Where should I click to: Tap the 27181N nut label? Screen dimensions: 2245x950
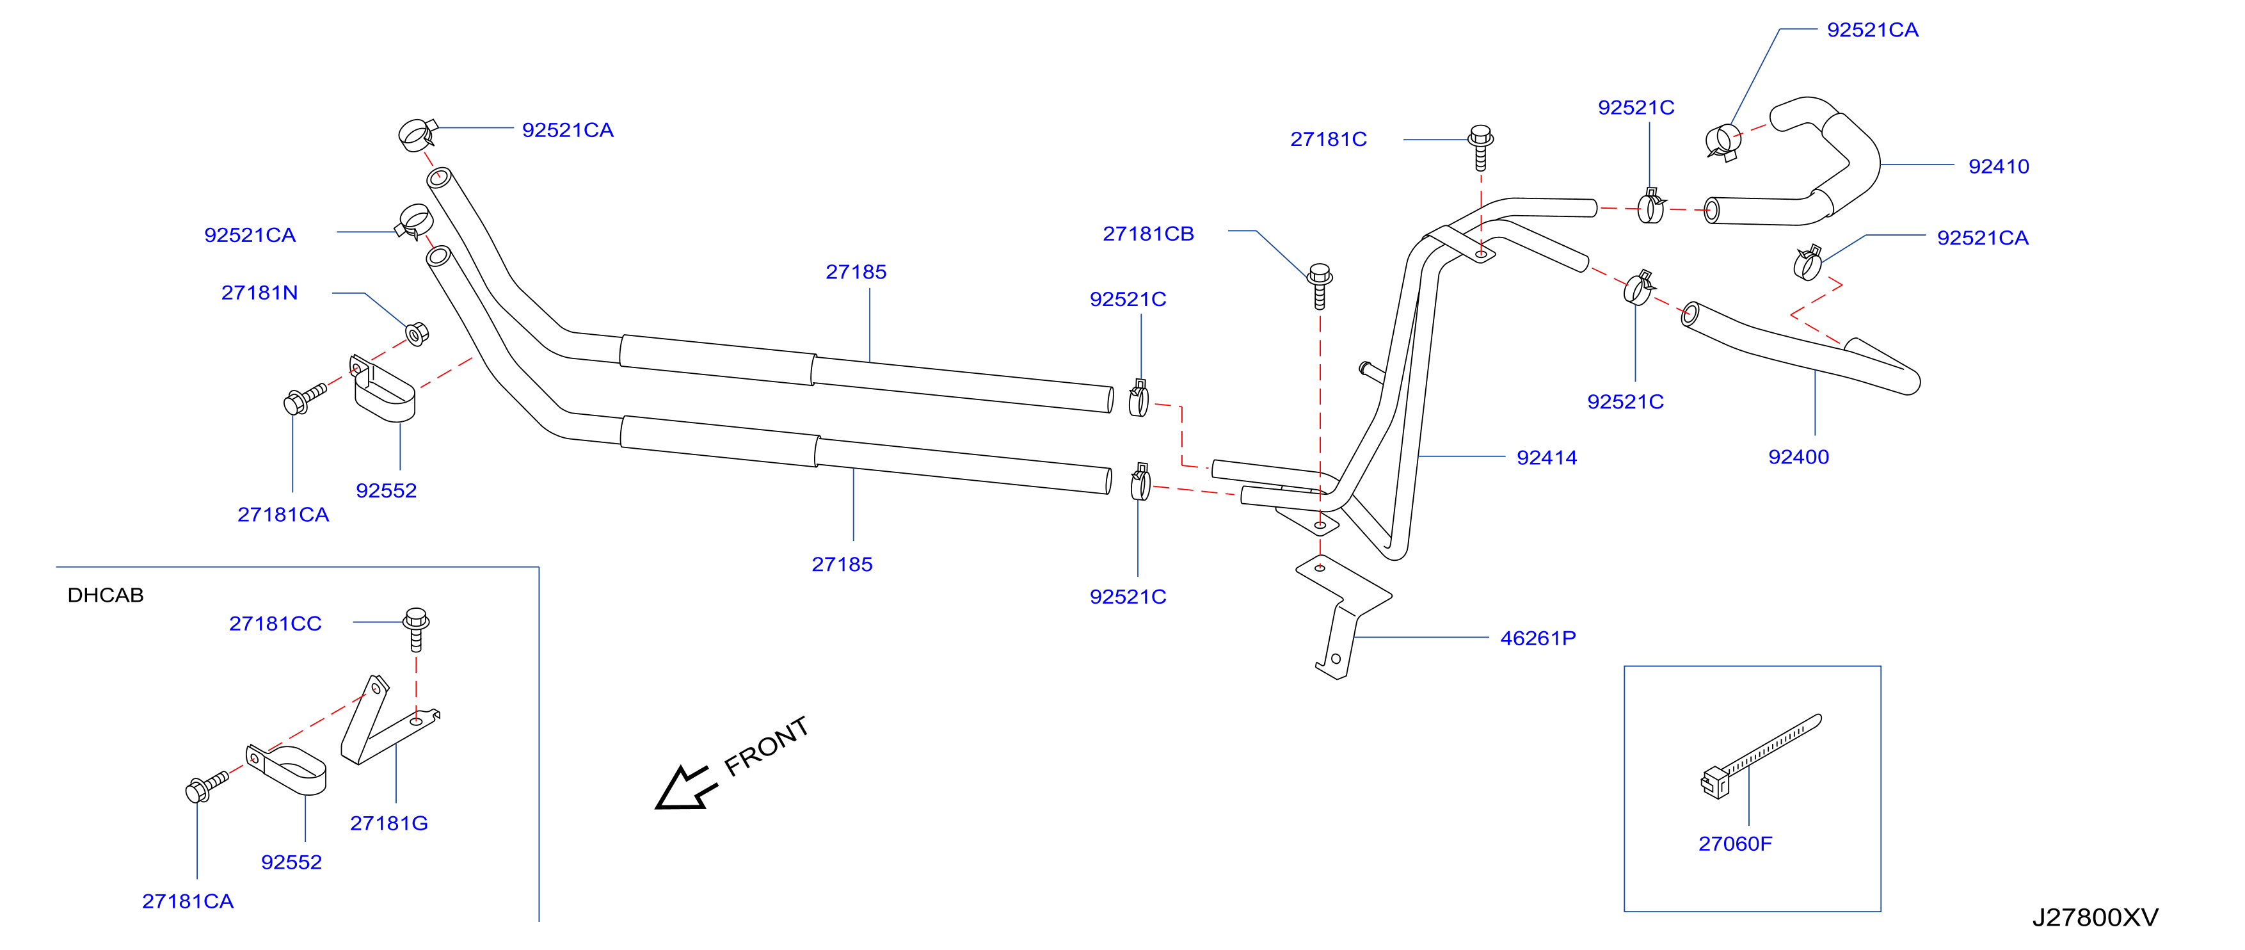260,293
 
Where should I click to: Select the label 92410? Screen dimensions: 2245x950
1999,166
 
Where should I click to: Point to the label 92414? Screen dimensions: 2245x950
1546,458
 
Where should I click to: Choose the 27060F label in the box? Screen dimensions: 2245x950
1734,844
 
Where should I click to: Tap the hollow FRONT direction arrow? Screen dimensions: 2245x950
686,788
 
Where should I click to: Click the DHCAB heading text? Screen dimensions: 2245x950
106,595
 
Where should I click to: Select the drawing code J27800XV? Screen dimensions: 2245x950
2095,918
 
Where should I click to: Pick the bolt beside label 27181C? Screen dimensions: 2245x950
1481,147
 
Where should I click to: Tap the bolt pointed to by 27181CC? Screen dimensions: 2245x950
417,629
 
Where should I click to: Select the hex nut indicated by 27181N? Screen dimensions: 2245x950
417,334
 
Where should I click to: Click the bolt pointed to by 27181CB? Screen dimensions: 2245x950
1320,286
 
